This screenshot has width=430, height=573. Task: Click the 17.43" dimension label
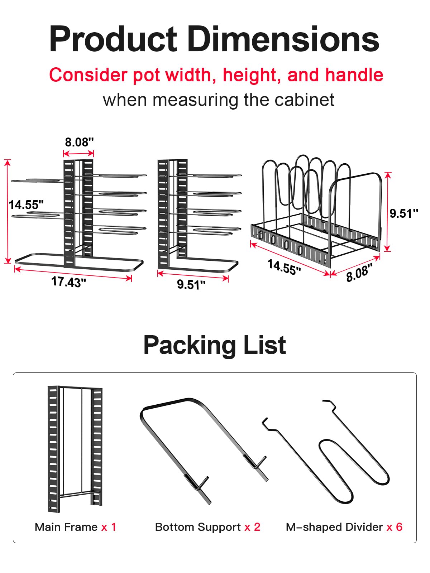click(x=69, y=282)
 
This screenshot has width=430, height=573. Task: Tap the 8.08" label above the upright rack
click(x=79, y=142)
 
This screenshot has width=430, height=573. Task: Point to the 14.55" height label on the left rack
click(x=26, y=205)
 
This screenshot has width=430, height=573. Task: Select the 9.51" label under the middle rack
click(x=191, y=284)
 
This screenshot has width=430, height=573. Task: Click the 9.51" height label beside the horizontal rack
click(x=403, y=213)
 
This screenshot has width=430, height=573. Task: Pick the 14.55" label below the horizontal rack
click(x=285, y=267)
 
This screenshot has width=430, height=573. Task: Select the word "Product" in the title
click(x=114, y=39)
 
